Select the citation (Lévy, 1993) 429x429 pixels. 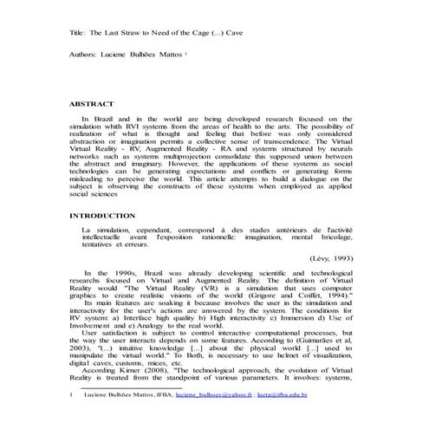[x=332, y=257]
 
